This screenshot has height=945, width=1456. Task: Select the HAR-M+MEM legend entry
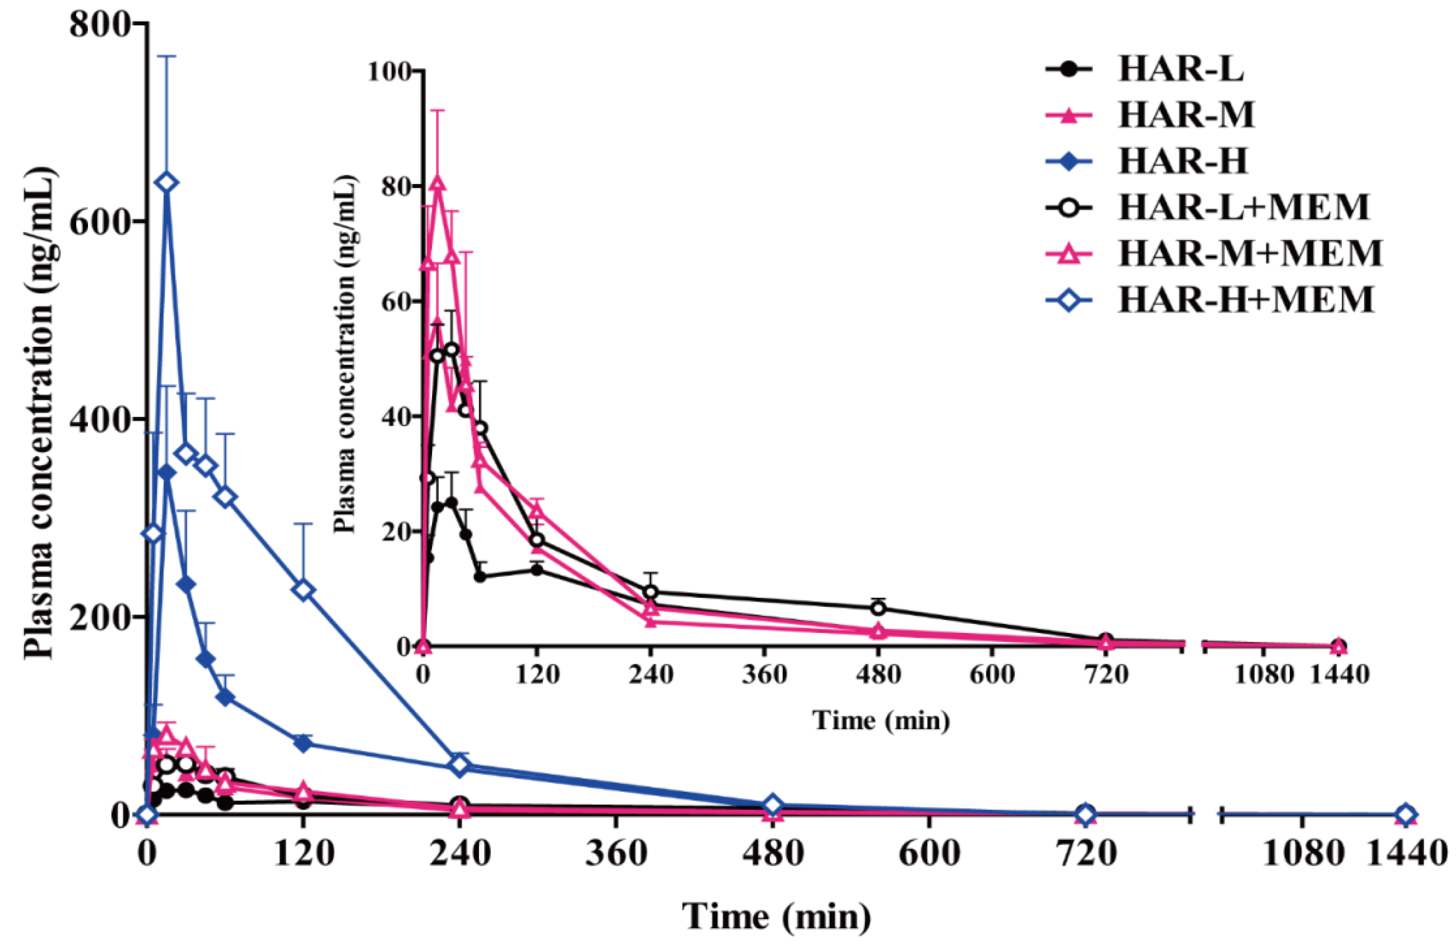pos(1215,253)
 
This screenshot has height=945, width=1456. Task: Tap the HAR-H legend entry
pos(1147,162)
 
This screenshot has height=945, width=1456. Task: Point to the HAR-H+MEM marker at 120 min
pos(304,590)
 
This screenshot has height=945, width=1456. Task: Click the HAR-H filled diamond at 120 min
pos(304,743)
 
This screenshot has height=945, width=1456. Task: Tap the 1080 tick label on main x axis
pos(1303,852)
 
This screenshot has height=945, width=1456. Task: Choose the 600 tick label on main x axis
pos(929,852)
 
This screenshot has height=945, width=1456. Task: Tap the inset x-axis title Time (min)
pos(881,720)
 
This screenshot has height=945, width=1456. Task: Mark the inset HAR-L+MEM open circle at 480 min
pos(878,608)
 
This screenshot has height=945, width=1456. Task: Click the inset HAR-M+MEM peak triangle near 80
pos(437,183)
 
